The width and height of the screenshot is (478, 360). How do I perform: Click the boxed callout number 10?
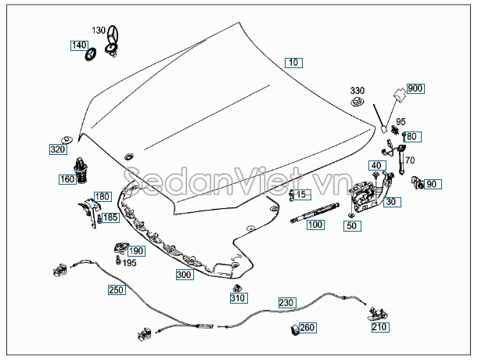[x=293, y=63]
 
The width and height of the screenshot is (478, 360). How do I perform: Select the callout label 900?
[x=415, y=88]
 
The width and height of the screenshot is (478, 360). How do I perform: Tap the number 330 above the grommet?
[x=357, y=91]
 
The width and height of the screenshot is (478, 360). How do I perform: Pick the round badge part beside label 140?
[x=90, y=54]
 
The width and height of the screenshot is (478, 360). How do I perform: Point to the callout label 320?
[x=58, y=149]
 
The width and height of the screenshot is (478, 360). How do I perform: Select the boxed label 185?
[x=110, y=218]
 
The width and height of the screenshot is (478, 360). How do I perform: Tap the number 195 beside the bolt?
[x=129, y=263]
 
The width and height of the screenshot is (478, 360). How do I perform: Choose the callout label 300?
[x=185, y=275]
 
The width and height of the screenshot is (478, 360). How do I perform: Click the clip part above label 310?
[x=237, y=288]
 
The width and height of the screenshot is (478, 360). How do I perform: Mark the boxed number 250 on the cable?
[x=117, y=290]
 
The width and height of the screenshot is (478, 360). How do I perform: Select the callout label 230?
[x=287, y=302]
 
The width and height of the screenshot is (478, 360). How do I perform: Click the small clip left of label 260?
[x=294, y=329]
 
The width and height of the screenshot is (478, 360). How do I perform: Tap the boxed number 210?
[x=380, y=327]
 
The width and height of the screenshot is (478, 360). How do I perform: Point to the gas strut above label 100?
[x=314, y=212]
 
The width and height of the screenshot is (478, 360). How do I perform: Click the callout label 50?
[x=352, y=225]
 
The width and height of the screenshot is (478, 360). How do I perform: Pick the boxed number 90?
[x=432, y=184]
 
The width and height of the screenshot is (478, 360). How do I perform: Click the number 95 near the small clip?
[x=401, y=122]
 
